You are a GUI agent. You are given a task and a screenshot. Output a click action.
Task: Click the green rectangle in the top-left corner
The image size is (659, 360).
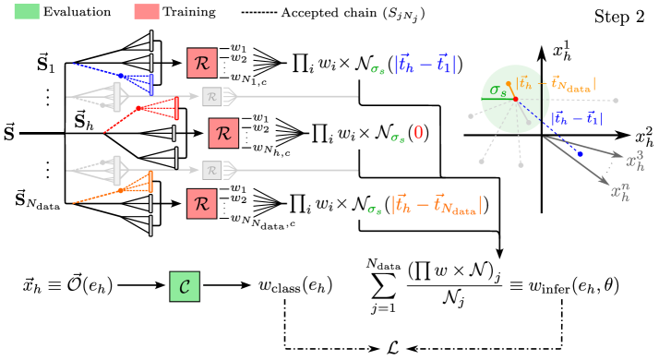27,11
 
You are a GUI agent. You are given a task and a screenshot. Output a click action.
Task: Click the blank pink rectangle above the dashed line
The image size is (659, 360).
146,11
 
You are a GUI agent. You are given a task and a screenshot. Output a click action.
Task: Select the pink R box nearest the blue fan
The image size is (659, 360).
201,63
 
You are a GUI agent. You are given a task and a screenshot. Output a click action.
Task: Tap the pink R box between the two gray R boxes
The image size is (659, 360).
222,133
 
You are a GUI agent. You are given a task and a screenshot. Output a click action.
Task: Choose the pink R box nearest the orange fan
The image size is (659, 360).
201,203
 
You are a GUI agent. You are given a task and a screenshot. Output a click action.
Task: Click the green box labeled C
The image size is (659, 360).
184,286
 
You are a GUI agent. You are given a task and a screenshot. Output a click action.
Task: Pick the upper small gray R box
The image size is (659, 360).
211,96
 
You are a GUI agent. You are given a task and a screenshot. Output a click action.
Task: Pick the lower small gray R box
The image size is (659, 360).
211,170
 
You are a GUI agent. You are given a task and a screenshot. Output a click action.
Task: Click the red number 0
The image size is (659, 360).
418,133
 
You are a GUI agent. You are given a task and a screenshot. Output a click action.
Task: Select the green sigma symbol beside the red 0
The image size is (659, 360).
397,138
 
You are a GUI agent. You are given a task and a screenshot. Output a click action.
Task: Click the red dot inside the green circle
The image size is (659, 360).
515,99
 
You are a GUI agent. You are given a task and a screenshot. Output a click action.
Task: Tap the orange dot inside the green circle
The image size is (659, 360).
508,84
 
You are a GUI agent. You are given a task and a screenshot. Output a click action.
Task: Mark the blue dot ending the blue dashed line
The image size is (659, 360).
580,153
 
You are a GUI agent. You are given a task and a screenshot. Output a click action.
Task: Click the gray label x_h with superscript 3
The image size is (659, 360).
635,162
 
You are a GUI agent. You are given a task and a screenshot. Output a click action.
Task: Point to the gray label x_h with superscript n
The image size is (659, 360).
621,192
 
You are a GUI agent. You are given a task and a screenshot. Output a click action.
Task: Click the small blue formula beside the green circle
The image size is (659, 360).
576,118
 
